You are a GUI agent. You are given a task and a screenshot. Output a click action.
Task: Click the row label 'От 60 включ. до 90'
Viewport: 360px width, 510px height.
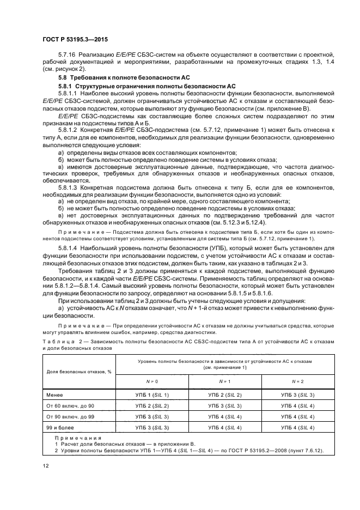(70, 405)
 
